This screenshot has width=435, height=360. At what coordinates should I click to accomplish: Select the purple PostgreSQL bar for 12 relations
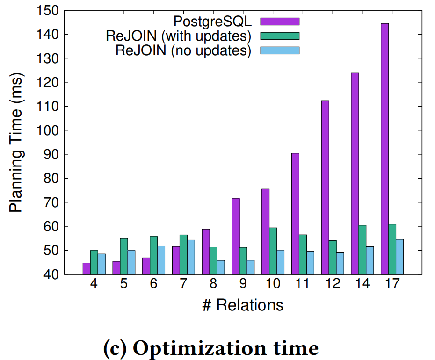pyautogui.click(x=325, y=187)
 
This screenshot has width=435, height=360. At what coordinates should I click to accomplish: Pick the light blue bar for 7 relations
pyautogui.click(x=190, y=257)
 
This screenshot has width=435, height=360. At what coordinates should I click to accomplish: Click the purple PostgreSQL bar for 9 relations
pyautogui.click(x=236, y=236)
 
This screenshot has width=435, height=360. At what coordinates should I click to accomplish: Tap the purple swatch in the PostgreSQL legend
pyautogui.click(x=279, y=21)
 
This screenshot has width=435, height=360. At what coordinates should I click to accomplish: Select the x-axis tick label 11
pyautogui.click(x=303, y=284)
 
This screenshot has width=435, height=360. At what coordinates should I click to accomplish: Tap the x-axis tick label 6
pyautogui.click(x=153, y=284)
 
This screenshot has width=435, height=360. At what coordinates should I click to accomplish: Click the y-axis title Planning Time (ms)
pyautogui.click(x=17, y=143)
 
